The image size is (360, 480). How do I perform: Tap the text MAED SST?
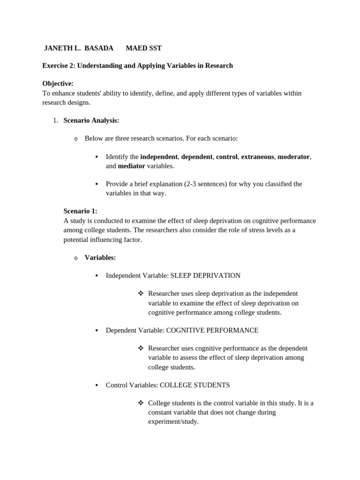(143, 48)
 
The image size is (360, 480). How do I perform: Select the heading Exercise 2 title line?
(137, 66)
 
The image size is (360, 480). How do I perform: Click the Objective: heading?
(58, 83)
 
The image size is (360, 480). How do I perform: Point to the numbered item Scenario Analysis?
(91, 120)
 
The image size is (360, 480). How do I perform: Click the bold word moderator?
(293, 157)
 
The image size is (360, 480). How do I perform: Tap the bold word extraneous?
(257, 157)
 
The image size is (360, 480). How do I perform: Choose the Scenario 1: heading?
(80, 211)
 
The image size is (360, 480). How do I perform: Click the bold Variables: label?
(100, 257)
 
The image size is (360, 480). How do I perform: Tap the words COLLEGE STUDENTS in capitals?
(195, 385)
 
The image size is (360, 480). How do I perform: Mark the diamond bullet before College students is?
(140, 403)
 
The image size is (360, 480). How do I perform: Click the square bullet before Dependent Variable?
(96, 330)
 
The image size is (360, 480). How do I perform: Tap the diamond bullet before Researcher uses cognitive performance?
(140, 348)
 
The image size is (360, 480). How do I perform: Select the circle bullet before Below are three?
(75, 139)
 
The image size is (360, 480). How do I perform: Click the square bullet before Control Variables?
(96, 385)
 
